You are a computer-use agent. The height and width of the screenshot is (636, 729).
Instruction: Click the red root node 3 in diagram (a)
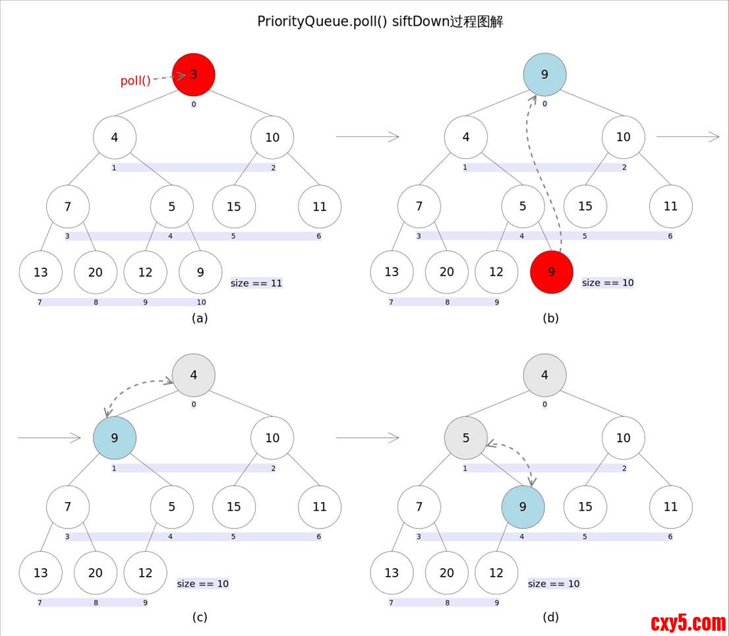click(x=194, y=74)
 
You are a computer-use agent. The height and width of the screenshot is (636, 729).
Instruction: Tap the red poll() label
click(x=135, y=81)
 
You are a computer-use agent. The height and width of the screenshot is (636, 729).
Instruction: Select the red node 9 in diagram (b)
click(x=552, y=272)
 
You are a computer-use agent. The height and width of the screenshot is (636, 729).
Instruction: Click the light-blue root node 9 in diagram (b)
click(x=544, y=74)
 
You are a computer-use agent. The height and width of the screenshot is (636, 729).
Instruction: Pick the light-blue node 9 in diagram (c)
click(x=115, y=438)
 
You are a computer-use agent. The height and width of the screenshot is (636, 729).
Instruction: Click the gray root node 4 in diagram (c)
click(x=194, y=375)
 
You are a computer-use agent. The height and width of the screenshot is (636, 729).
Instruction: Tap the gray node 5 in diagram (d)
click(x=466, y=438)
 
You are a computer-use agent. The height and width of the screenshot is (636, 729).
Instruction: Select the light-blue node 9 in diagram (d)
click(x=523, y=507)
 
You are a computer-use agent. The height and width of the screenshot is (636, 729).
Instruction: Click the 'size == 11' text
click(x=256, y=283)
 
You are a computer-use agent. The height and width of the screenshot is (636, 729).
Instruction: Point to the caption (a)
click(x=200, y=318)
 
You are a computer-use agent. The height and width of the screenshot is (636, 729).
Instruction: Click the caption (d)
click(x=550, y=617)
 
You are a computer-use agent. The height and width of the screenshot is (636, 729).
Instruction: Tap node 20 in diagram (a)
click(x=96, y=272)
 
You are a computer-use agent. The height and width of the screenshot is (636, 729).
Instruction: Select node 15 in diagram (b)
click(x=585, y=206)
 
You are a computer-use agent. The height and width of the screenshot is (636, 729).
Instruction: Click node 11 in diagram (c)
click(x=320, y=507)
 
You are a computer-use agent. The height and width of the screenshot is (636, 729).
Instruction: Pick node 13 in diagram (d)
click(x=392, y=573)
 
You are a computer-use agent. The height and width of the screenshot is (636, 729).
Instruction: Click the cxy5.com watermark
click(x=687, y=622)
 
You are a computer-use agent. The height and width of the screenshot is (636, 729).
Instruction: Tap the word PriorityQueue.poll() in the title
click(x=322, y=21)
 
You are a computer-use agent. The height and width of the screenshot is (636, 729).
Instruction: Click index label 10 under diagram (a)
click(x=201, y=303)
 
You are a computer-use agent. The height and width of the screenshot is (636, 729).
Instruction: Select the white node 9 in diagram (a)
click(x=200, y=272)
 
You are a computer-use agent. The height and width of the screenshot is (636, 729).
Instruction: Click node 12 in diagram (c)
click(x=146, y=573)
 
